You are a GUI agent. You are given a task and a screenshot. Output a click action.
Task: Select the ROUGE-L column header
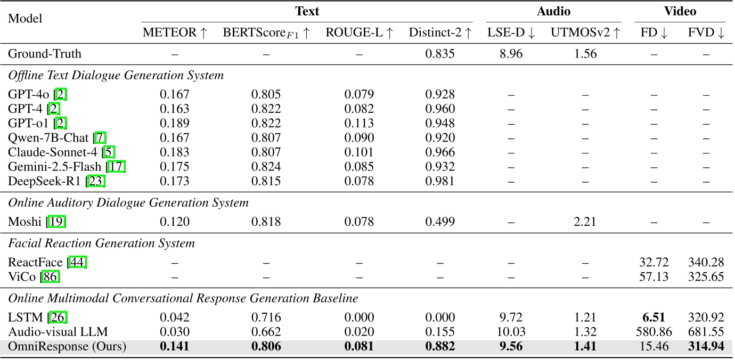click(359, 33)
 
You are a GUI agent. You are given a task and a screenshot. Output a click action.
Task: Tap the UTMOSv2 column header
click(585, 33)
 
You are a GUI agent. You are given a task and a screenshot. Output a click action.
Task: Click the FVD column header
click(706, 33)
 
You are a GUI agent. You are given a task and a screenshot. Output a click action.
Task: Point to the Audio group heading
click(553, 11)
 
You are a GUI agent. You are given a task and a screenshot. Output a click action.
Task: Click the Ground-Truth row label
click(45, 54)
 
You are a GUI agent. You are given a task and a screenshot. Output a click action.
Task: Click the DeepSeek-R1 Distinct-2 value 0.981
click(440, 181)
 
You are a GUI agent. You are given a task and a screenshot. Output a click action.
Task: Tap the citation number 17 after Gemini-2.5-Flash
click(116, 167)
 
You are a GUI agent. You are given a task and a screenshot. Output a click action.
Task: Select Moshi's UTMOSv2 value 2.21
click(585, 222)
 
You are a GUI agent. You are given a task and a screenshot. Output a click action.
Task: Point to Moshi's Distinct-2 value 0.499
click(440, 222)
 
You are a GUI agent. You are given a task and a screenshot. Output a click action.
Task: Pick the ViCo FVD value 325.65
click(706, 276)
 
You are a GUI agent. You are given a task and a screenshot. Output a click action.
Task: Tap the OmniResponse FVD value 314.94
click(706, 347)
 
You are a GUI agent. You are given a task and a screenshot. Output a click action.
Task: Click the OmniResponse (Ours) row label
click(67, 347)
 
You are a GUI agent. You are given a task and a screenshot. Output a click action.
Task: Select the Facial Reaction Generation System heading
click(101, 243)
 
